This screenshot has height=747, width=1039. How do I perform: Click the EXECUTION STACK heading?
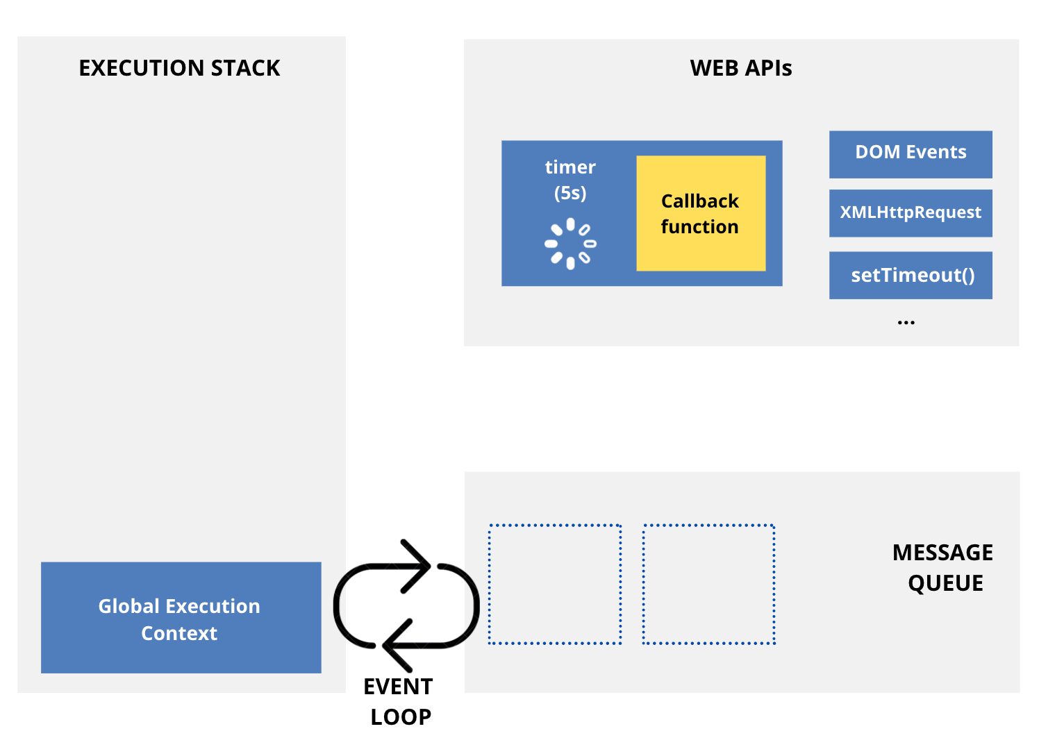click(179, 68)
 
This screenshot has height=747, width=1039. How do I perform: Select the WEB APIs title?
click(740, 68)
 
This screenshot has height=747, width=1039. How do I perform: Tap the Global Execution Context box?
click(181, 617)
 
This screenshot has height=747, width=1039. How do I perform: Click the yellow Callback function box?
click(700, 213)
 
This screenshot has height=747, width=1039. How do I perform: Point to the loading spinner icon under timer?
click(570, 244)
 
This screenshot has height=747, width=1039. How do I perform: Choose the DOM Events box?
click(910, 153)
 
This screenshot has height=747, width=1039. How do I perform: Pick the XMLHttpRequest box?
click(910, 212)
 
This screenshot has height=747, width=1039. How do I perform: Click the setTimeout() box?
click(910, 276)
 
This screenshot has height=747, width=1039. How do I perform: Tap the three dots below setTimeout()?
click(906, 323)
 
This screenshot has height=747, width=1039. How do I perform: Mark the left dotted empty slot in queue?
click(554, 584)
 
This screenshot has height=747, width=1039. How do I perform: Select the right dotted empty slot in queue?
click(708, 584)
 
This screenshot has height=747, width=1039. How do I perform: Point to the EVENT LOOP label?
click(399, 701)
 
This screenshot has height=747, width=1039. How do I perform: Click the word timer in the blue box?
click(570, 167)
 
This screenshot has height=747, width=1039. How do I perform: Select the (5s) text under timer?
click(570, 192)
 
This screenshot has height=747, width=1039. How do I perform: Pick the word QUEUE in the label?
click(945, 583)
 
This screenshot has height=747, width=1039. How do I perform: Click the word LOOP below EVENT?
click(401, 716)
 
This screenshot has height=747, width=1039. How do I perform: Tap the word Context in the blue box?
click(179, 633)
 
